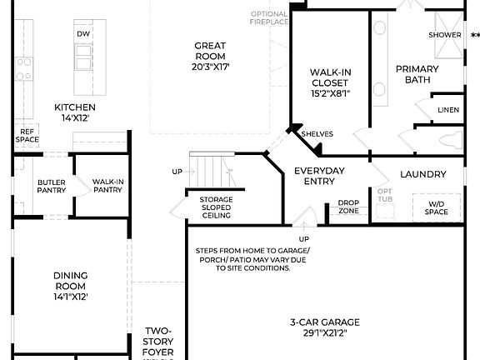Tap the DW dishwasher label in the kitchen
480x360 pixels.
coord(82,34)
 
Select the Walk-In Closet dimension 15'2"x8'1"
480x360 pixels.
coord(329,94)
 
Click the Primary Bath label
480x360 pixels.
coord(417,74)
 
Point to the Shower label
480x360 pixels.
coord(445,35)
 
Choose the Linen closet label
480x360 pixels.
coord(448,110)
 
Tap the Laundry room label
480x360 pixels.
coord(423,174)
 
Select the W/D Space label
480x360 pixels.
coord(437,208)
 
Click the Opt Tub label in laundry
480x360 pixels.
coord(384,195)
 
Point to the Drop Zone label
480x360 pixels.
coord(349,207)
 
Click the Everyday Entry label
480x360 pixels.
coord(319,177)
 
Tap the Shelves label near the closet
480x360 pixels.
coord(317,133)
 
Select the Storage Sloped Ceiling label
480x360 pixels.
coord(215,207)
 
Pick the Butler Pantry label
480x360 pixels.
coord(51,186)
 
